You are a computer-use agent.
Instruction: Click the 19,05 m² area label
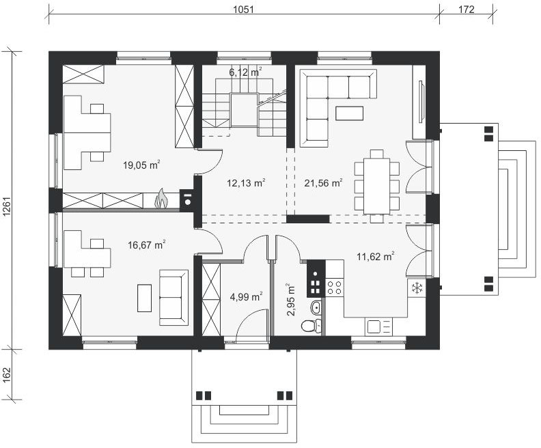[141, 165]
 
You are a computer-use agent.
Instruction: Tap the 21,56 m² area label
[323, 182]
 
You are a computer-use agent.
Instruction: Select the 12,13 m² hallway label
[246, 182]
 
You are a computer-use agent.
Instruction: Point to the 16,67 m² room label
[146, 245]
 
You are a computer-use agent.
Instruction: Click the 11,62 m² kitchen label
[376, 256]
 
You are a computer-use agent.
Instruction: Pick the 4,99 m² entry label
[246, 296]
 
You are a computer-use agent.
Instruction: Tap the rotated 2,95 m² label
[290, 299]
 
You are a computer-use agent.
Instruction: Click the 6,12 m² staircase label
[245, 72]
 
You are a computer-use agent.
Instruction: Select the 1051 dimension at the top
[243, 10]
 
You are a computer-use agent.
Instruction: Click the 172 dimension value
[466, 10]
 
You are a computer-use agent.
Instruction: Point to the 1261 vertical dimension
[7, 207]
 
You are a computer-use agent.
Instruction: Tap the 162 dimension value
[7, 375]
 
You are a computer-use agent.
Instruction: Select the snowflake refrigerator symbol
[417, 288]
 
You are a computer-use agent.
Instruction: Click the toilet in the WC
[310, 326]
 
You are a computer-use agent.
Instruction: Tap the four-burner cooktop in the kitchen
[334, 288]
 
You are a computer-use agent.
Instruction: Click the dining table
[376, 186]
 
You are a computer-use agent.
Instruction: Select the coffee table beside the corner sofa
[349, 113]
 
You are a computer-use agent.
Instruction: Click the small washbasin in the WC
[316, 307]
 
